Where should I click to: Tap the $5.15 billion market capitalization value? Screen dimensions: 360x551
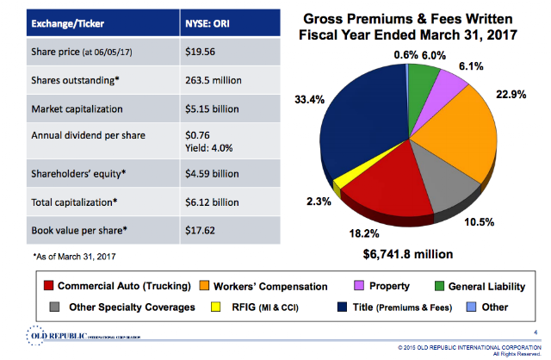pos(211,109)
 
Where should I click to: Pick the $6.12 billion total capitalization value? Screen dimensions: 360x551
pos(211,202)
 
